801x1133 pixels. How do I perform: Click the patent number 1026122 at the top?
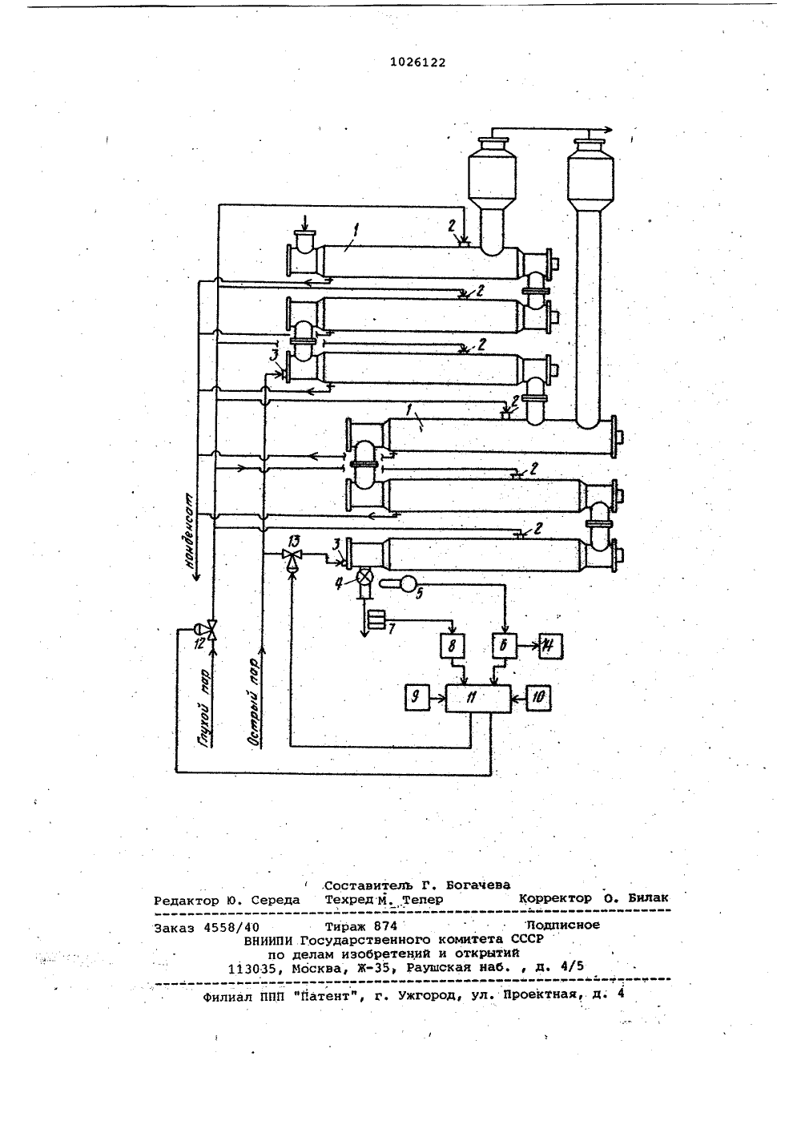pyautogui.click(x=417, y=62)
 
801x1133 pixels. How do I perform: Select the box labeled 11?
pyautogui.click(x=478, y=699)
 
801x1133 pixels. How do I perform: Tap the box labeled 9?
pyautogui.click(x=417, y=698)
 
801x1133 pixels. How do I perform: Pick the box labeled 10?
pyautogui.click(x=538, y=698)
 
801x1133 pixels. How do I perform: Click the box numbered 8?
pyautogui.click(x=453, y=645)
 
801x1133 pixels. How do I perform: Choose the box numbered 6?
pyautogui.click(x=505, y=646)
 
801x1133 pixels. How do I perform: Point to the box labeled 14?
pyautogui.click(x=551, y=646)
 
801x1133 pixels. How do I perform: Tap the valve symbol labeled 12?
pyautogui.click(x=209, y=629)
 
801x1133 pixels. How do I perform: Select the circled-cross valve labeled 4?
pyautogui.click(x=364, y=576)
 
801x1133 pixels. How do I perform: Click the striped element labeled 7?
pyautogui.click(x=376, y=619)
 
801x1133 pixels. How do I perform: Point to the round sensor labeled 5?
pyautogui.click(x=405, y=583)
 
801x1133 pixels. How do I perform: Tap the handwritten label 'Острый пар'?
pyautogui.click(x=254, y=702)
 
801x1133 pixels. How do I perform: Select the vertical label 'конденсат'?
pyautogui.click(x=191, y=531)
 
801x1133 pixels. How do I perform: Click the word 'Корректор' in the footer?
pyautogui.click(x=555, y=898)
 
